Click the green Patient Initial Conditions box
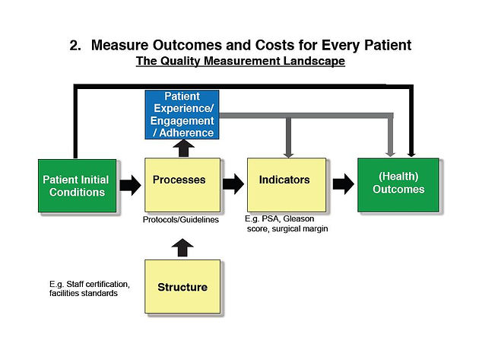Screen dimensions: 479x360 click(78, 186)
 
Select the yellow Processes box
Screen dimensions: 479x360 click(182, 185)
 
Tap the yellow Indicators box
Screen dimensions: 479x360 click(287, 185)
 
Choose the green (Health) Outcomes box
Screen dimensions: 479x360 click(398, 185)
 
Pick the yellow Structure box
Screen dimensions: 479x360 click(182, 287)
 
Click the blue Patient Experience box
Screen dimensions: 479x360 click(182, 114)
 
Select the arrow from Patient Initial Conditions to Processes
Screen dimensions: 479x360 click(131, 185)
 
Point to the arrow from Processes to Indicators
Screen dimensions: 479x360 click(233, 184)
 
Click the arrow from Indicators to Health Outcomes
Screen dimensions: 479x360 click(344, 184)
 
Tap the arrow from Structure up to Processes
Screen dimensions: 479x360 click(182, 247)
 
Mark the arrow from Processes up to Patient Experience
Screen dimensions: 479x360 click(183, 148)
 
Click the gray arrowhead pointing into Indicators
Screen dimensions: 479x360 click(288, 154)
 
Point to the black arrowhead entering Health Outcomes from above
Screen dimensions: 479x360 click(411, 154)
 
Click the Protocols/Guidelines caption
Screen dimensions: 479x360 click(181, 220)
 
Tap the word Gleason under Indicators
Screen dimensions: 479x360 click(299, 218)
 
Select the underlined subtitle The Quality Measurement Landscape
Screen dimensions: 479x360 click(240, 61)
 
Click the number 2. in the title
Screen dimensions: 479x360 click(75, 46)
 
